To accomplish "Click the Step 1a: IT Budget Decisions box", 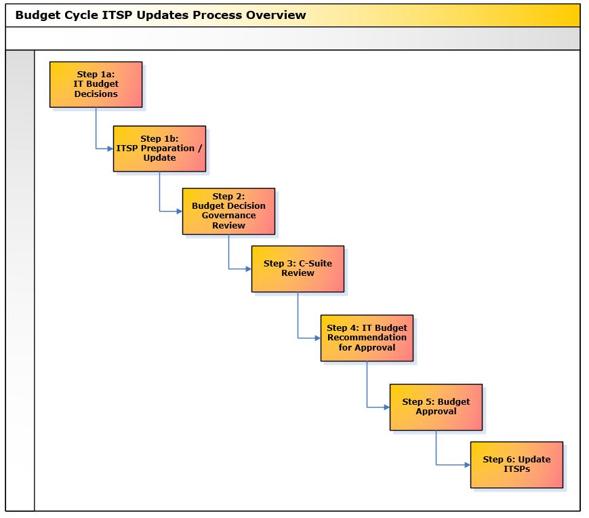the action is coord(96,85).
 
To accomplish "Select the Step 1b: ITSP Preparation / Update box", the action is coord(160,148).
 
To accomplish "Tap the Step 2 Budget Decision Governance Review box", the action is coord(229,211).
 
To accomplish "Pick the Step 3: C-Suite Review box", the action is coord(298,269).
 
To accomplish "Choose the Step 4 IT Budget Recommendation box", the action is coord(367,338).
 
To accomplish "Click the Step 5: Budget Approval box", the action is coord(436,407).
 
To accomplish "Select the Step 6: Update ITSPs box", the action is coord(517,464).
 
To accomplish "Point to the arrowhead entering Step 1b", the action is coord(110,148).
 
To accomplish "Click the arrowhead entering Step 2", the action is coord(180,211).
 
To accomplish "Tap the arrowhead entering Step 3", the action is coord(249,269).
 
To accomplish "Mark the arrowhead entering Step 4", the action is coord(318,338).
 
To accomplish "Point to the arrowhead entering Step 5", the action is coord(387,407).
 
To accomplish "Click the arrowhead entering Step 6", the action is coord(468,464).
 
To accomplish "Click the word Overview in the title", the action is coord(276,15).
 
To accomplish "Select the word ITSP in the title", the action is coord(117,15).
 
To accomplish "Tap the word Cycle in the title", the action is coord(81,16).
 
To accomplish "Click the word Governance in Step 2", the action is coord(229,216).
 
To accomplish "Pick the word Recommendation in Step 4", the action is coord(367,338).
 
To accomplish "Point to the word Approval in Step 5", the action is coord(436,412).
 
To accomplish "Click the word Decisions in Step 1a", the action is coord(96,94).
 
